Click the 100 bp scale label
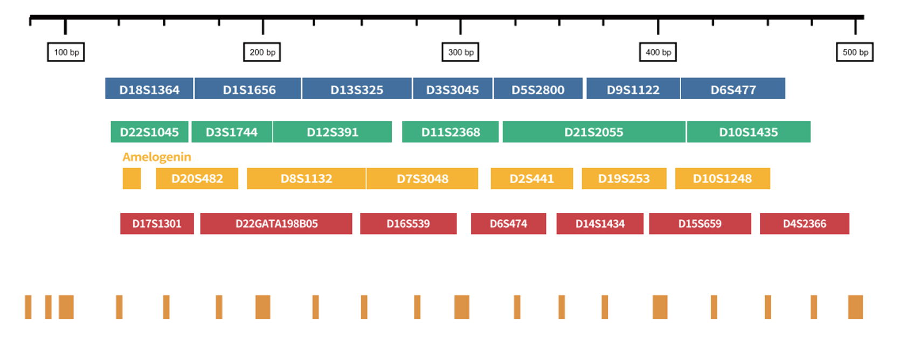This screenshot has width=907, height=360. (66, 52)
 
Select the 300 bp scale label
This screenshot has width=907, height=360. (460, 52)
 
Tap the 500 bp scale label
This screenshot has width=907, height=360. (855, 52)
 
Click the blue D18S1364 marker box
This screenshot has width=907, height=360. (149, 88)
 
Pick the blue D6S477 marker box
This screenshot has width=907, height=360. (733, 88)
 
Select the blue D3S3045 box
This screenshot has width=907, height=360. (453, 88)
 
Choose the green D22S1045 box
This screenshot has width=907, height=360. (149, 131)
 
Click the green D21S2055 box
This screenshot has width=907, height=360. (594, 131)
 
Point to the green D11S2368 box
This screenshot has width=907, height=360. (450, 131)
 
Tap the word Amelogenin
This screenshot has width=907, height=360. (157, 157)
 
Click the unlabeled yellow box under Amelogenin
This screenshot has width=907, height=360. (131, 178)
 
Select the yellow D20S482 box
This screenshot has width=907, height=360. (197, 178)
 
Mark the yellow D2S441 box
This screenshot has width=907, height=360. (532, 178)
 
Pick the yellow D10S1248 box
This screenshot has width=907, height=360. (722, 178)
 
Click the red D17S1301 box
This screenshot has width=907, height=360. (157, 224)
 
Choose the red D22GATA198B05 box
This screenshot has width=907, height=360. (276, 224)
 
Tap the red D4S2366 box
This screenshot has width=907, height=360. (804, 224)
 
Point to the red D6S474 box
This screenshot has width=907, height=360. (508, 224)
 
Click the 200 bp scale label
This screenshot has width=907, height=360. (262, 52)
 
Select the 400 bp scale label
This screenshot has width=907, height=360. (658, 52)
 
